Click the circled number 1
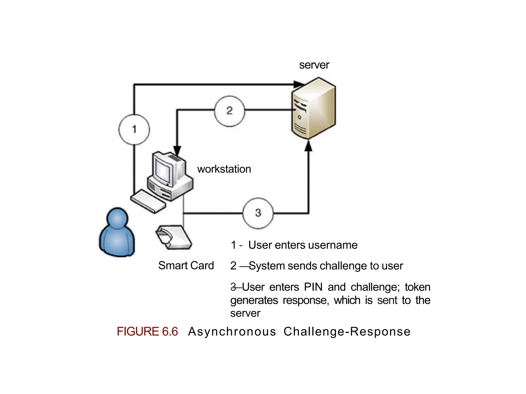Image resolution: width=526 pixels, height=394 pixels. click(134, 129)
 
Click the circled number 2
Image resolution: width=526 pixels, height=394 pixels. click(229, 111)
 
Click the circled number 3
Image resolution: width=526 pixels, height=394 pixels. click(258, 213)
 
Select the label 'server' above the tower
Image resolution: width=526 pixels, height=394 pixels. click(314, 65)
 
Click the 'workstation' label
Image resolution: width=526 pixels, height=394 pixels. click(224, 169)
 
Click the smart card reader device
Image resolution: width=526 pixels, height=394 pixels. click(174, 237)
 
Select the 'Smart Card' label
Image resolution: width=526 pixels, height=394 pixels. click(186, 265)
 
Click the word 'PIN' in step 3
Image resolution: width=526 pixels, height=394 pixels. click(313, 287)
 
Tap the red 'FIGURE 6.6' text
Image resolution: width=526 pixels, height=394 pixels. click(147, 331)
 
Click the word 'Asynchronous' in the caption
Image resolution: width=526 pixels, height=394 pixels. click(232, 331)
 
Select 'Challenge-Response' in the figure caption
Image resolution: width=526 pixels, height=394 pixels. click(347, 331)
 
